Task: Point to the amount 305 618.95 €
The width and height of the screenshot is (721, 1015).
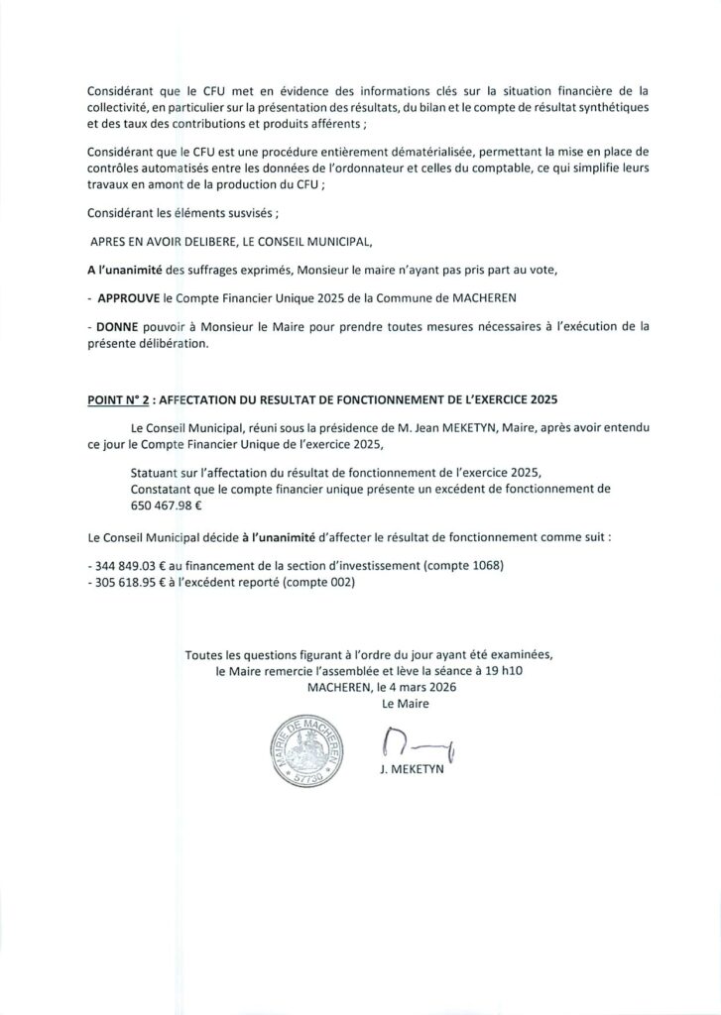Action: (127, 583)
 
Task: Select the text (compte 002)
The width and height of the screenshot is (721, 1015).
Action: (318, 583)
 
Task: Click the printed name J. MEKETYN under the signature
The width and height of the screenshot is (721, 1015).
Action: (409, 780)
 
